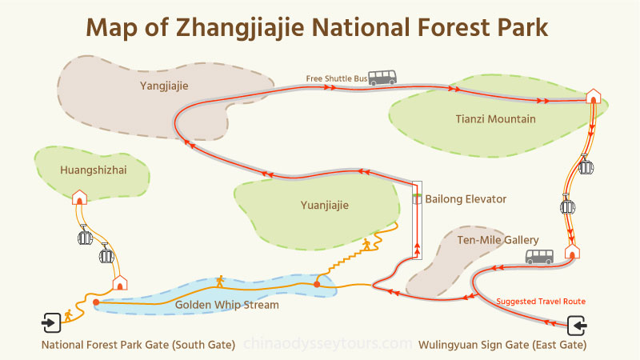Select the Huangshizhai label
(x=94, y=170)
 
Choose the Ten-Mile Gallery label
(x=498, y=240)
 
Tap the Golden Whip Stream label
(x=226, y=306)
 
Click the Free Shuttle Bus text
(x=336, y=78)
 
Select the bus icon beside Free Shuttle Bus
(x=382, y=78)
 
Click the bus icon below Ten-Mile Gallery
(x=538, y=257)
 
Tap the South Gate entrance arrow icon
(x=50, y=323)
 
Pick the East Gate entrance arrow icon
(x=578, y=326)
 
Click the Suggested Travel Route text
(x=541, y=302)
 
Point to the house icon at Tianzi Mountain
(x=593, y=96)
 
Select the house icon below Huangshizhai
(x=79, y=197)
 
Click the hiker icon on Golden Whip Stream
(x=219, y=282)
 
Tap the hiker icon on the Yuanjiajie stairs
(x=366, y=244)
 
